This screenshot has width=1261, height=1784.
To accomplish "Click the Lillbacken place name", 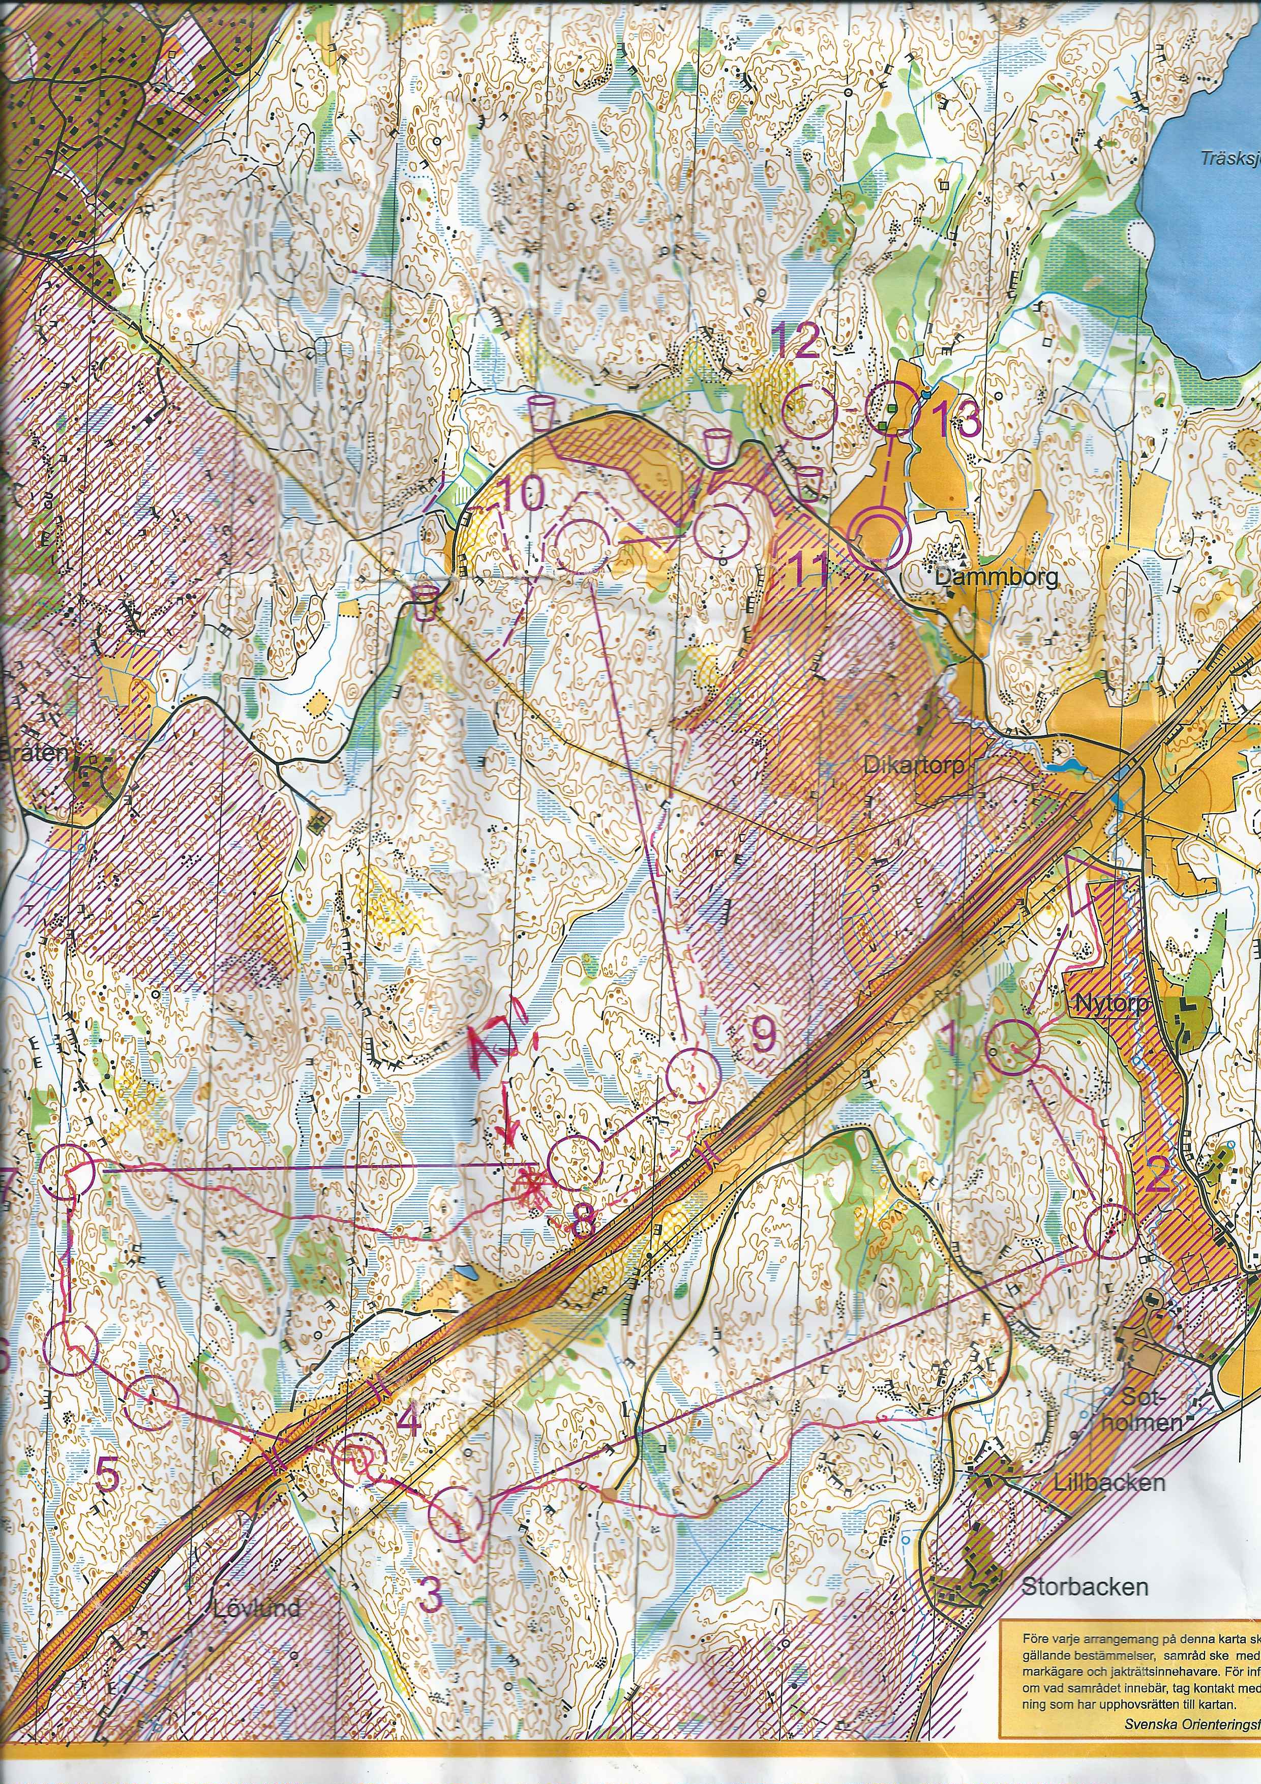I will click(x=1109, y=1482).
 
